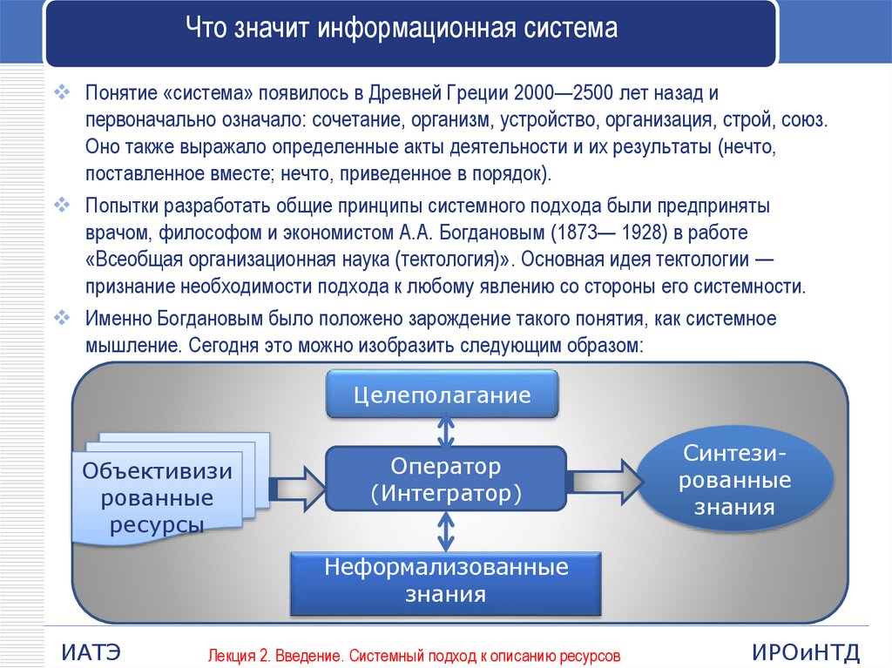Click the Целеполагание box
[x=442, y=394]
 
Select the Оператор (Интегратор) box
[x=446, y=478]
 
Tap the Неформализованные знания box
[x=446, y=584]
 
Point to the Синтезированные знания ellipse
[x=735, y=480]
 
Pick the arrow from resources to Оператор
[x=297, y=488]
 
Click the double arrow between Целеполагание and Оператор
[x=446, y=432]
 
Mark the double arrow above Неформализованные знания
[x=446, y=531]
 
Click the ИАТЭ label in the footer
[x=91, y=652]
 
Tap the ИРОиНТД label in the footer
[x=806, y=652]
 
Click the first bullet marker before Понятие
[x=62, y=92]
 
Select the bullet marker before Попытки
[x=62, y=205]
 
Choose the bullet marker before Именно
[x=62, y=318]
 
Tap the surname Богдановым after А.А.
[x=492, y=233]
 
